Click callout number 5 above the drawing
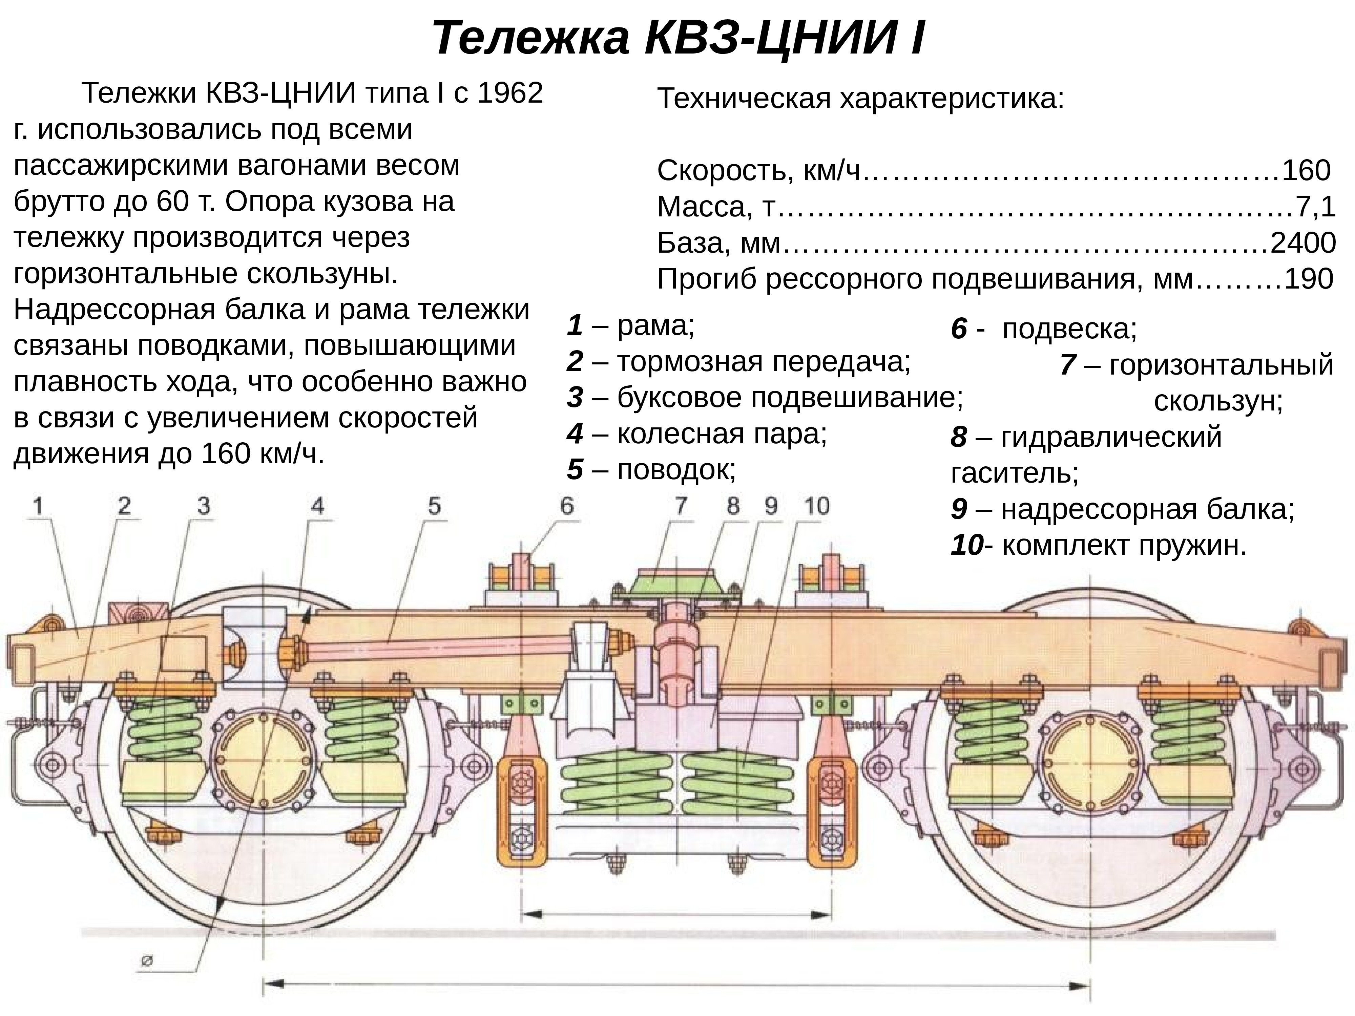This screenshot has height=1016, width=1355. point(434,506)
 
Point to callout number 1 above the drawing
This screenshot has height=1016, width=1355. point(38,506)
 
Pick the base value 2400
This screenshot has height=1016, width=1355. point(1302,243)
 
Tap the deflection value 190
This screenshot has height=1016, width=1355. point(1309,279)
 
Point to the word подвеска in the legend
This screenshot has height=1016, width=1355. point(1069,330)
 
